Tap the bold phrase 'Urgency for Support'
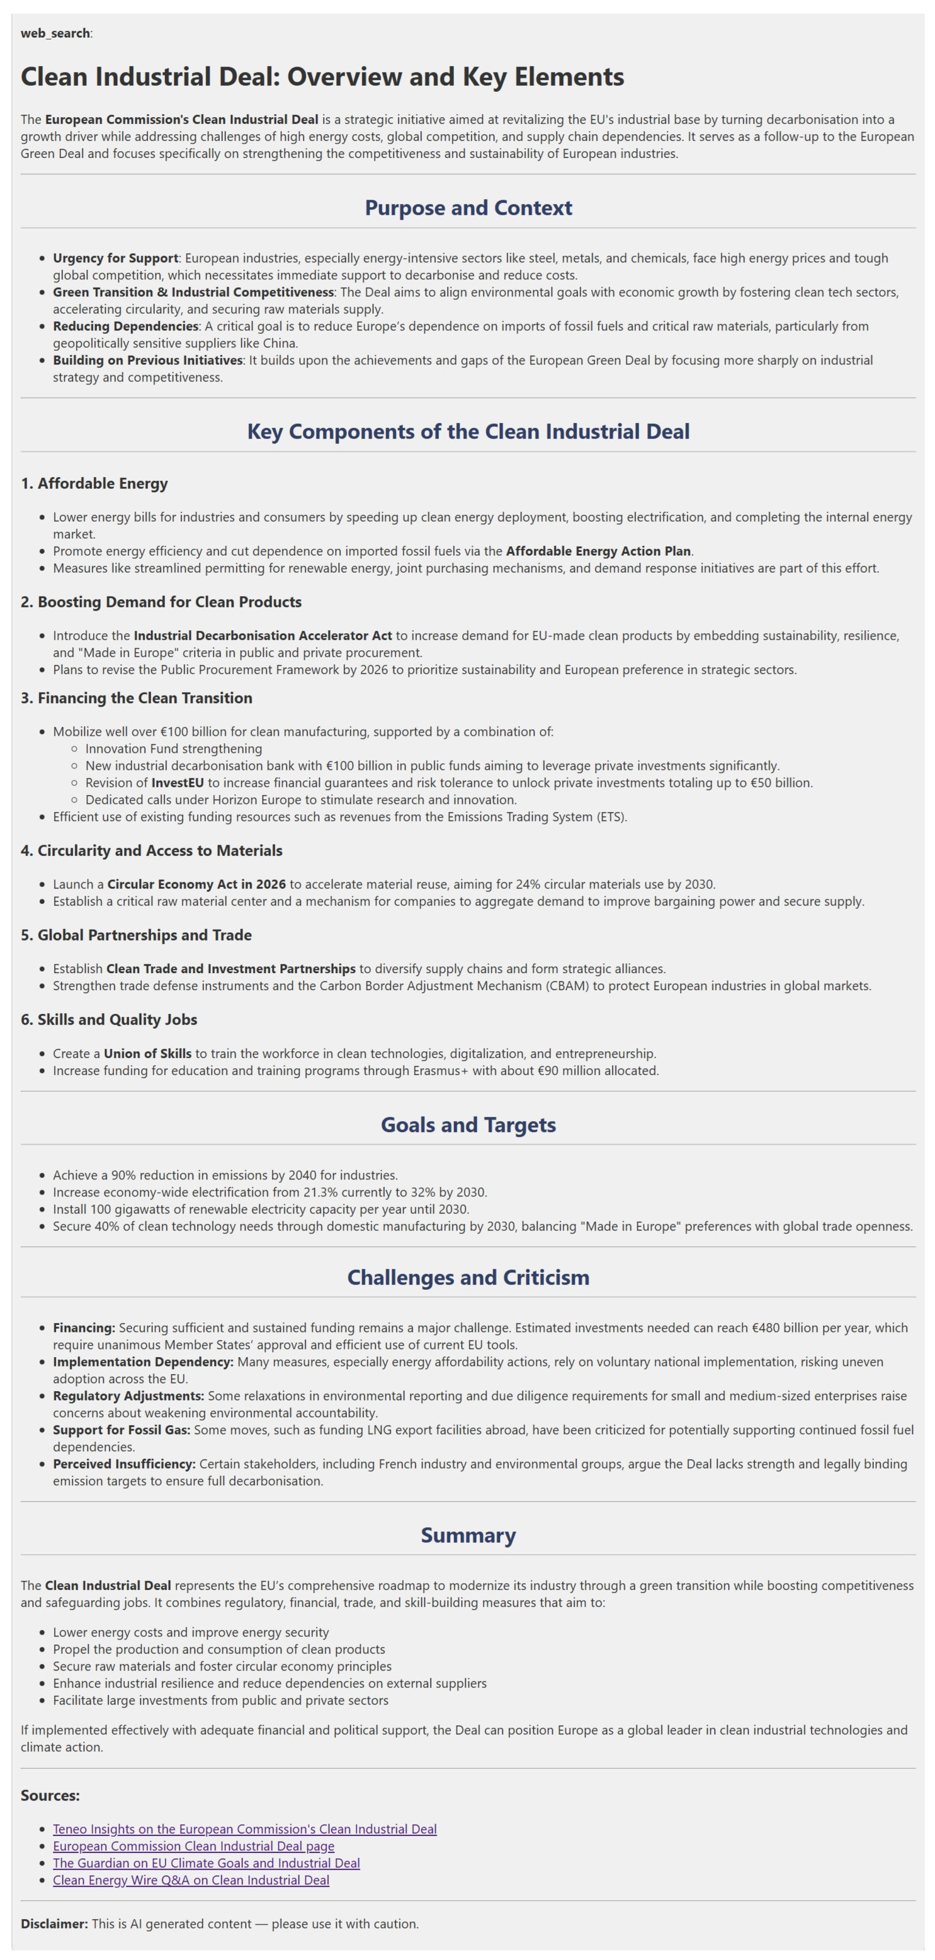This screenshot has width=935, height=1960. [115, 258]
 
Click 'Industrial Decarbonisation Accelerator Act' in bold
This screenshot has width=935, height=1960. [263, 635]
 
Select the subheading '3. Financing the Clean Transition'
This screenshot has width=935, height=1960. [136, 698]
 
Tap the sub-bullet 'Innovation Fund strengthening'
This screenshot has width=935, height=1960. [173, 748]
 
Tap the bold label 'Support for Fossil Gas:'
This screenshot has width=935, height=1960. [121, 1430]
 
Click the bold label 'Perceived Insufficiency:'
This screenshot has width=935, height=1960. [124, 1464]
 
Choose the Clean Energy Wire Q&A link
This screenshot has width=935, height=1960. [191, 1880]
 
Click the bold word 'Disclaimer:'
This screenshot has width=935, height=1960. [54, 1923]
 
